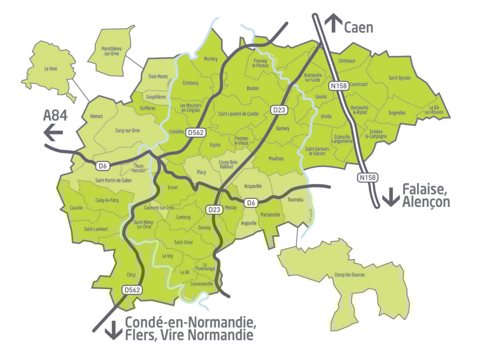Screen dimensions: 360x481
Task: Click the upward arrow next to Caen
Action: (333, 23)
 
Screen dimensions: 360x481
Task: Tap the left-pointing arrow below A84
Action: (53, 133)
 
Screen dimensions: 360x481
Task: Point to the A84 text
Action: (55, 116)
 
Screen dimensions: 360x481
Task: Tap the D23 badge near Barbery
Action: (277, 109)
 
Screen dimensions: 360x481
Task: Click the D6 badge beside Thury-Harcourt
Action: (102, 166)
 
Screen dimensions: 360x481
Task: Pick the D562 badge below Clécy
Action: (132, 290)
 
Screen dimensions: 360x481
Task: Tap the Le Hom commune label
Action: (52, 69)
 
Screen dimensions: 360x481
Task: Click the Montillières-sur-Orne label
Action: (112, 51)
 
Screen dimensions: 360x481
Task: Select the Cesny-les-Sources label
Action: (349, 275)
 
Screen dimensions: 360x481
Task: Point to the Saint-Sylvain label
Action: (399, 78)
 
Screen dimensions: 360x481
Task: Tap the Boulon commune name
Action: (253, 89)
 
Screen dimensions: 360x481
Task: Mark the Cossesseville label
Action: (202, 283)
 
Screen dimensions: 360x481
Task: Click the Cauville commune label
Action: (77, 208)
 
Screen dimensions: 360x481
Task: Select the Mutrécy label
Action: (211, 59)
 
